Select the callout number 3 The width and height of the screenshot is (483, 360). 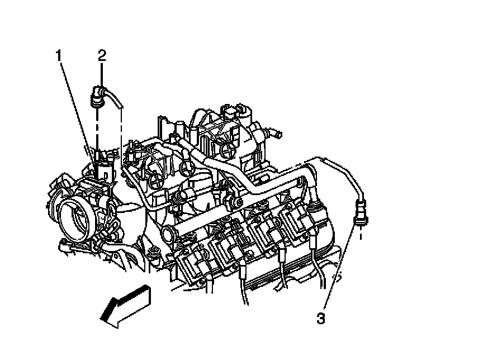click(x=320, y=319)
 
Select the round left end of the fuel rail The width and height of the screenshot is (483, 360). click(x=166, y=233)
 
